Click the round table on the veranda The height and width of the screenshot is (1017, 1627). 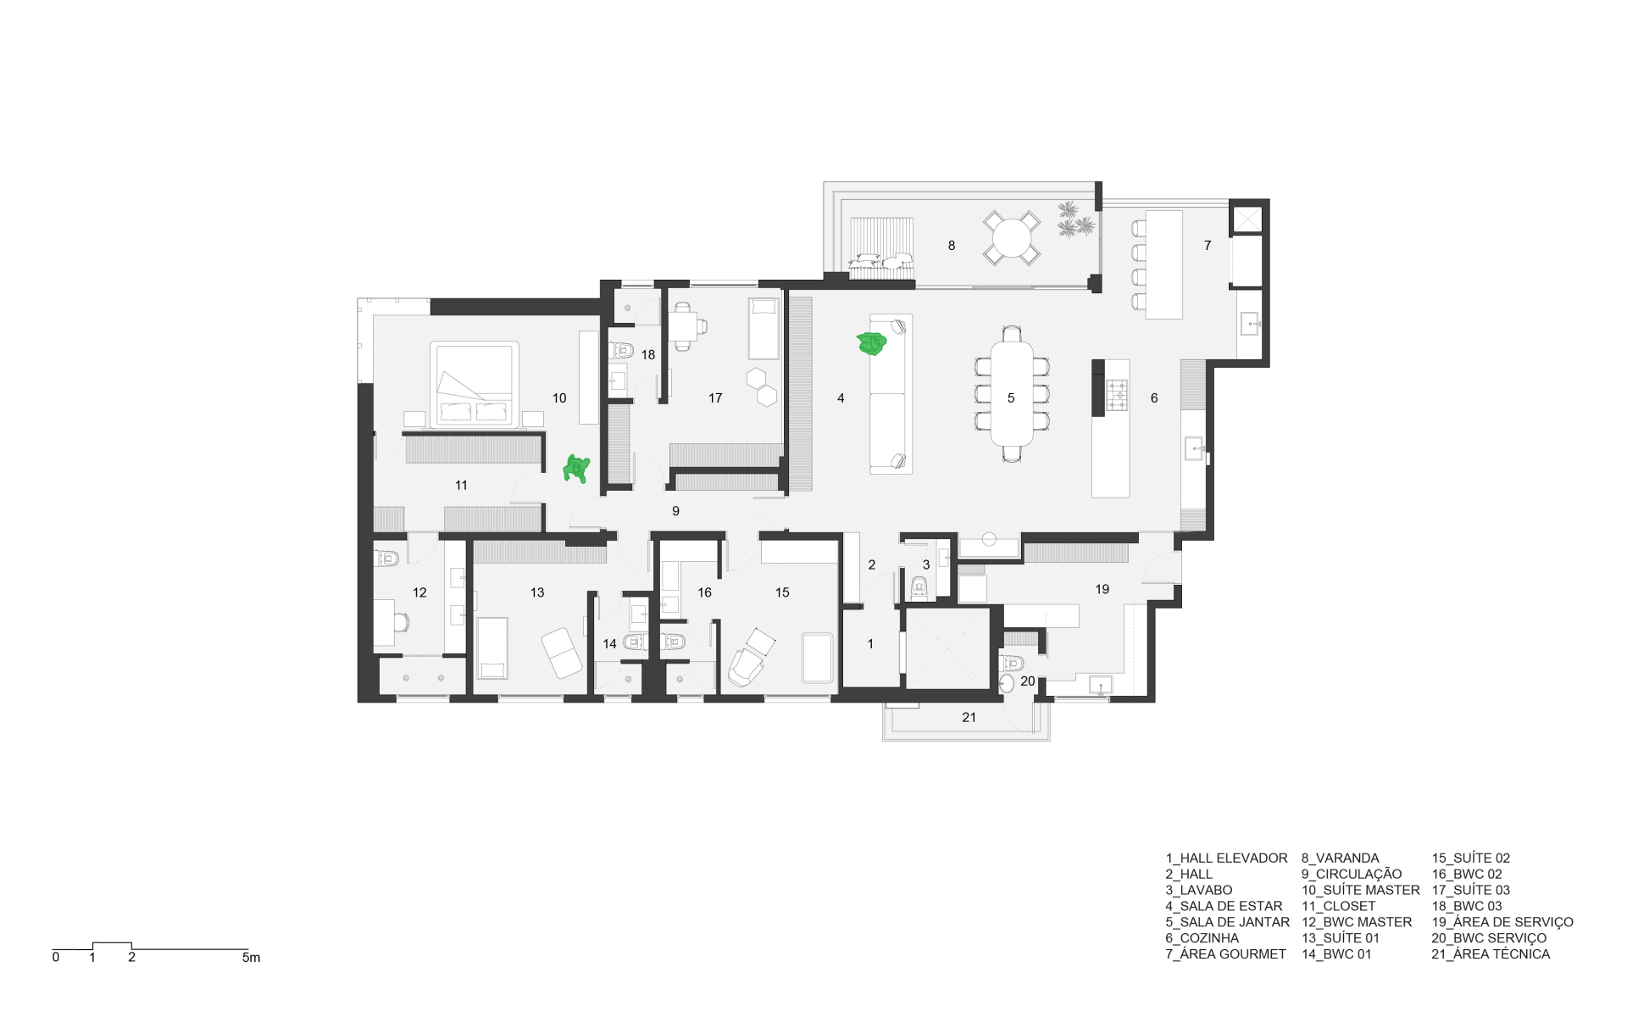pos(1012,238)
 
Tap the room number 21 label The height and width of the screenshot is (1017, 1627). pos(969,717)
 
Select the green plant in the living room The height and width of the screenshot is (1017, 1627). pos(871,343)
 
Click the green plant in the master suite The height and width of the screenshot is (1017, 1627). pos(577,469)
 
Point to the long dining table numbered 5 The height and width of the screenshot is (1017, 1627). pos(1012,393)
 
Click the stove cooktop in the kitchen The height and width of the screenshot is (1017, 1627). pos(1118,395)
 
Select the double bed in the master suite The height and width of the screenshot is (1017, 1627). pos(474,384)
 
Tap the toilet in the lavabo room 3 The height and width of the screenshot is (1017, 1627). pos(919,586)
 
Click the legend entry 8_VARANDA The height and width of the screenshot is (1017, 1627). pos(1341,858)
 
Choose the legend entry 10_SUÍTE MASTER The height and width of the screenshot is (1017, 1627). pos(1361,890)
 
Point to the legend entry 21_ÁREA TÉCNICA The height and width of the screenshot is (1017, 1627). pos(1491,953)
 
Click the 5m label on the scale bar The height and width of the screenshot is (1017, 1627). pos(252,958)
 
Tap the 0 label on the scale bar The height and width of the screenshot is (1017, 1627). pos(56,958)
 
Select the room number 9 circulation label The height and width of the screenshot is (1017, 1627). pos(675,511)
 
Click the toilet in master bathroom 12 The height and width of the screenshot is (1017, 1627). pos(386,559)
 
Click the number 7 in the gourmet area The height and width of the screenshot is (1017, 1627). pos(1208,245)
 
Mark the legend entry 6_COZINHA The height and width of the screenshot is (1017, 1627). pos(1202,938)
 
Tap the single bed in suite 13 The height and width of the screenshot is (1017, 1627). pos(492,648)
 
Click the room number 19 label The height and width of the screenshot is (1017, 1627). pos(1102,589)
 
